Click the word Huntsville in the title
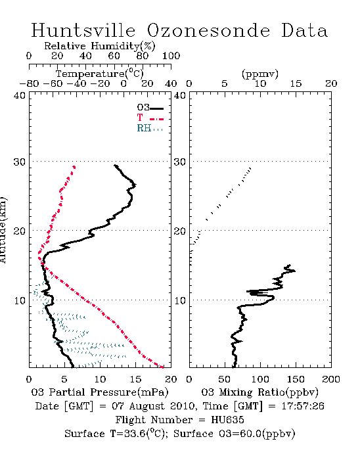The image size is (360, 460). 83,30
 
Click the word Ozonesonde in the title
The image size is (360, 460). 208,30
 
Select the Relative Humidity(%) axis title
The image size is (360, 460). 100,46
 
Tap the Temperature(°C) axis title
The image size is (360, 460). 100,74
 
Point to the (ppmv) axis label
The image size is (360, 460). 260,74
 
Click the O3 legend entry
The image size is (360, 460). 150,108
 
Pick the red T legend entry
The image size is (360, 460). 150,118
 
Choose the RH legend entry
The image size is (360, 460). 150,128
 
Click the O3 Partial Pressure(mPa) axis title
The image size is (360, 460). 100,392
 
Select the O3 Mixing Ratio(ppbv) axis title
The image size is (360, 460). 259,392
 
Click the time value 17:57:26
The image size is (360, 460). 303,406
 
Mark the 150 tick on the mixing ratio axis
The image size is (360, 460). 296,379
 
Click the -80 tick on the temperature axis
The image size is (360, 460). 29,83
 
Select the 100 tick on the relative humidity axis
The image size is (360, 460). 171,56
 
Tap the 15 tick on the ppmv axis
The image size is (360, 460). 296,83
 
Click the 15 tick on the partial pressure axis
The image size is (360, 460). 135,379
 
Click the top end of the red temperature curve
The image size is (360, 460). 74,167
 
